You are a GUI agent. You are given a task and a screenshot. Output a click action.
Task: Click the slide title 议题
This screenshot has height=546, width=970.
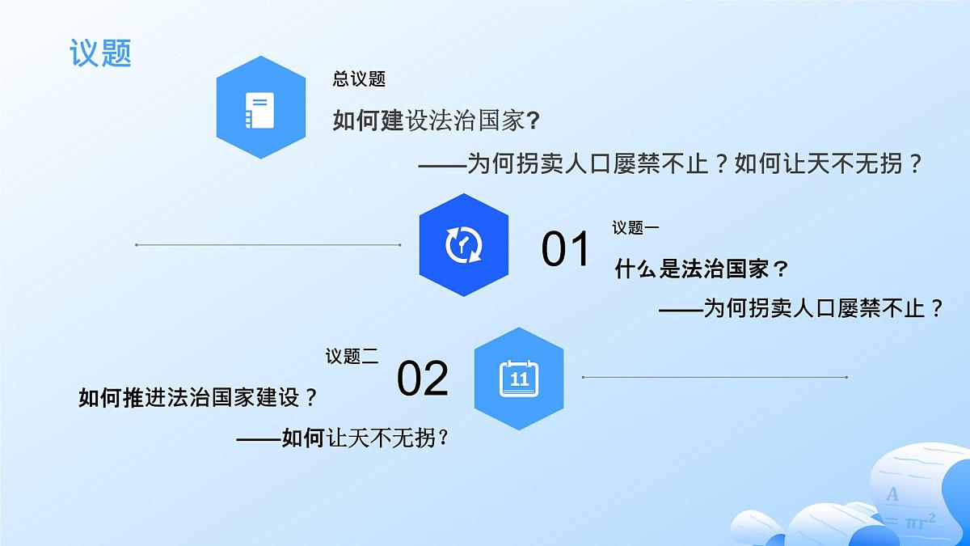click(x=100, y=53)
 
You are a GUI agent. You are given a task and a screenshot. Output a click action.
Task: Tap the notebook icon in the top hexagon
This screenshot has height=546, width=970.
click(x=260, y=110)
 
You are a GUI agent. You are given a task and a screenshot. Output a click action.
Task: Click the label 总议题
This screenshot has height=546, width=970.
click(x=359, y=79)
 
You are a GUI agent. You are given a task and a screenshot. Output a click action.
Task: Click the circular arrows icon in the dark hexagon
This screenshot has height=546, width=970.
click(x=463, y=244)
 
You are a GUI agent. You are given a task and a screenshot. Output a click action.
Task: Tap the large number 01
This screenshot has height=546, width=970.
click(x=566, y=248)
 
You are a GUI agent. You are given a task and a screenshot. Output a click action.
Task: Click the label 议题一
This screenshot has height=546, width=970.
click(x=635, y=228)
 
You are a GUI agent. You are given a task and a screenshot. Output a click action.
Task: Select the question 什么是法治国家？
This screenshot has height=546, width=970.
click(x=701, y=269)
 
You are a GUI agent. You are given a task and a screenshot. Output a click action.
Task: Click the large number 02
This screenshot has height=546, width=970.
click(x=422, y=378)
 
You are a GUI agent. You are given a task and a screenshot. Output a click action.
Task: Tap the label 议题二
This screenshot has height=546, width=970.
click(x=352, y=357)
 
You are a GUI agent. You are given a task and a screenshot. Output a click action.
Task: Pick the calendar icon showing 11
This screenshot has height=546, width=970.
click(x=518, y=378)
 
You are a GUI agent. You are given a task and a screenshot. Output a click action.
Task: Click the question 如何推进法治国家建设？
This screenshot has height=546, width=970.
click(x=197, y=398)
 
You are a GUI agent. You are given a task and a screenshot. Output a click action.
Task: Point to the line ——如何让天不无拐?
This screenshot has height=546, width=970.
click(x=343, y=438)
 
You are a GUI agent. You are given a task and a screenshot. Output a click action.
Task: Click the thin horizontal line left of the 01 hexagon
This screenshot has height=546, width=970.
click(x=268, y=244)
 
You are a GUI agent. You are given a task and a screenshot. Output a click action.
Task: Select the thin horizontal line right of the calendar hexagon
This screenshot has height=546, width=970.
click(x=715, y=377)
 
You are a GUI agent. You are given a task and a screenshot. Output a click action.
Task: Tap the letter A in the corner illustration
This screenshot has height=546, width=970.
click(x=892, y=494)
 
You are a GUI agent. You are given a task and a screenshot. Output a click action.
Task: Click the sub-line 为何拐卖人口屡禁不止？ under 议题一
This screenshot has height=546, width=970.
click(x=801, y=308)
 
